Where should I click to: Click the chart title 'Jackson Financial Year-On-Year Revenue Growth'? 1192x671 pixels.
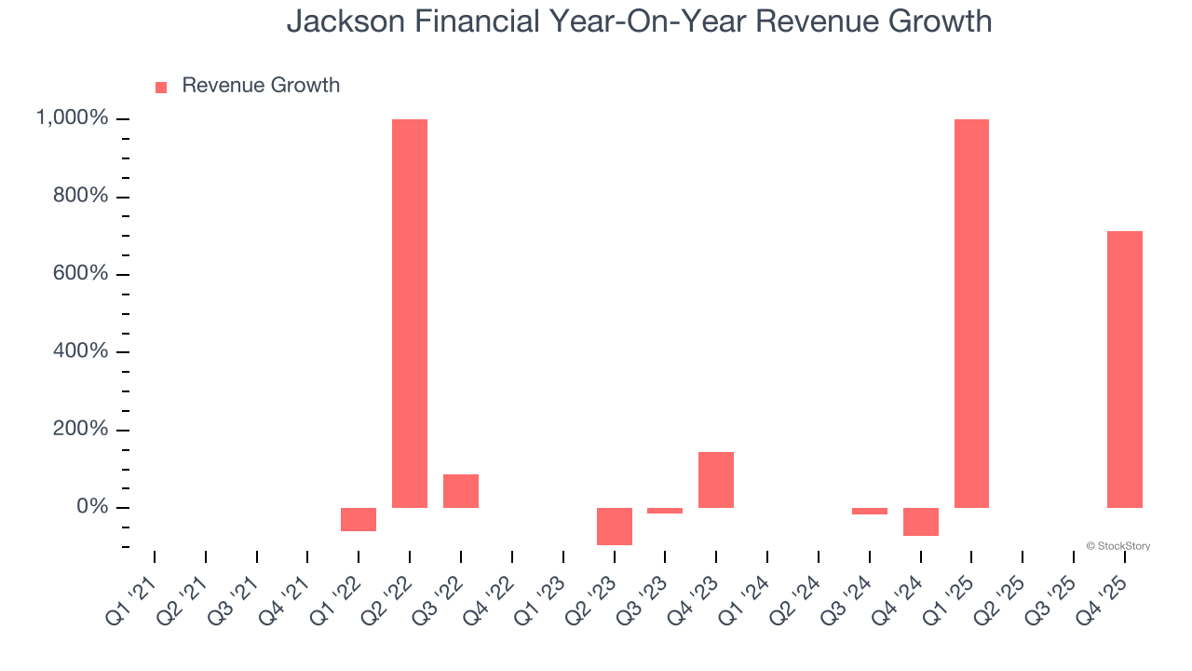[x=639, y=21]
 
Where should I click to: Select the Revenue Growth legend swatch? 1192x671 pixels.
[x=161, y=87]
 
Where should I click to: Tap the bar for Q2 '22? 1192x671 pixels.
[x=410, y=313]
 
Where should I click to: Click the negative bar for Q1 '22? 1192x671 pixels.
[x=359, y=519]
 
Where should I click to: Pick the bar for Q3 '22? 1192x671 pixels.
[x=461, y=491]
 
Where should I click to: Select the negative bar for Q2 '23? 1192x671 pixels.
[x=615, y=526]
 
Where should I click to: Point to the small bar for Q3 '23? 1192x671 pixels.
[x=665, y=511]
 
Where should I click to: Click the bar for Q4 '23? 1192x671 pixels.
[x=716, y=480]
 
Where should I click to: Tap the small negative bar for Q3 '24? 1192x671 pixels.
[x=870, y=511]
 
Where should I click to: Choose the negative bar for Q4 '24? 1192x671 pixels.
[x=921, y=521]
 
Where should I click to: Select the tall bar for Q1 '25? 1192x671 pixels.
[x=971, y=313]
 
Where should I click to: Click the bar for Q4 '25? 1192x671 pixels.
[x=1125, y=369]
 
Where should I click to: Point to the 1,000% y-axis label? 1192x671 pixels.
[x=72, y=118]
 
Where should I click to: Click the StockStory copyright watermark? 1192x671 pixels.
[x=1117, y=546]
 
